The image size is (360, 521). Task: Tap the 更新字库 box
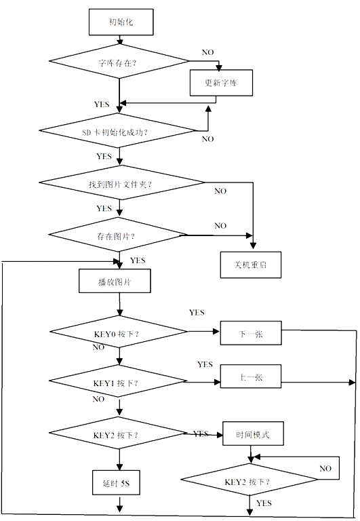[x=220, y=83]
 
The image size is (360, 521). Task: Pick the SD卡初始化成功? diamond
[x=119, y=131]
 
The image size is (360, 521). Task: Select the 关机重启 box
[x=251, y=265]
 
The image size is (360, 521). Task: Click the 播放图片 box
[x=115, y=281]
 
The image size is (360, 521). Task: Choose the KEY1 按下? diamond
[x=119, y=383]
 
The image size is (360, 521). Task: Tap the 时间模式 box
[x=252, y=434]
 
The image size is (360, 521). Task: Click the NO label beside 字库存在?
[x=208, y=52]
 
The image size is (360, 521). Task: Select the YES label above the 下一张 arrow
[x=197, y=313]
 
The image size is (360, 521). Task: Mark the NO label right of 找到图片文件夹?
[x=220, y=191]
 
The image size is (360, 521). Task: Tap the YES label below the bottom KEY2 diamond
[x=264, y=503]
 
